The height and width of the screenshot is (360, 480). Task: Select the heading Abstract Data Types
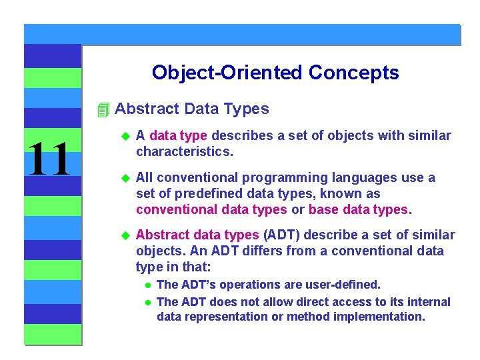click(x=192, y=109)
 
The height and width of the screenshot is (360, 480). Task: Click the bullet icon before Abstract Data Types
click(x=102, y=109)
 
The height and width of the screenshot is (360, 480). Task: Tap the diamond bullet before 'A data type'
click(x=123, y=136)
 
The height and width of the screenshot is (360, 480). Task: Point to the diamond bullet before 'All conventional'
click(x=123, y=178)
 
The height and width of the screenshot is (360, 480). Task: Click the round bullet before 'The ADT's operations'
click(x=149, y=285)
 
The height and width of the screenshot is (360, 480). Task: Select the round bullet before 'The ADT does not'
click(x=149, y=303)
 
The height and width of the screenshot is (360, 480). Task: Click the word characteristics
click(x=184, y=151)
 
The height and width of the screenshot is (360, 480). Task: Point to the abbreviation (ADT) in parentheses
click(x=282, y=235)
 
